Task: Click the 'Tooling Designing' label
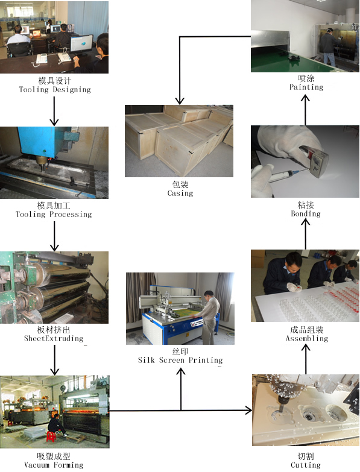coord(55,90)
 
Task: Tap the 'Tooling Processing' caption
coord(54,215)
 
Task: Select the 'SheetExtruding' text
coord(54,338)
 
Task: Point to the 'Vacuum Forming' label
coord(54,465)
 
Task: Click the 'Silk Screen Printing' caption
coord(180,360)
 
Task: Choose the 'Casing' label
coord(180,194)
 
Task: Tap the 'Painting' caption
coord(306,87)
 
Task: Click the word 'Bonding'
coord(306,214)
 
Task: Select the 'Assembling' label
coord(307,338)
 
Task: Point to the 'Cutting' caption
coord(306,465)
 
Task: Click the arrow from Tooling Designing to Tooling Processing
coord(54,111)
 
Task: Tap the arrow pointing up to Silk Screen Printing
coord(180,389)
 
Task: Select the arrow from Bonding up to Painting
coord(306,110)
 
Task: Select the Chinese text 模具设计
coord(55,81)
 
